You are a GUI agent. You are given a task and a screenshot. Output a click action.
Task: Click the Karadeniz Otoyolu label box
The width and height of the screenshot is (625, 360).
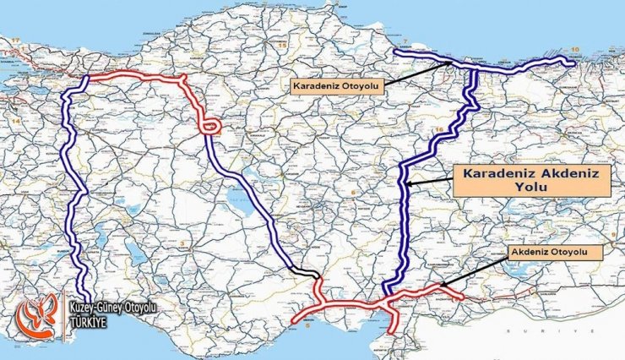336,85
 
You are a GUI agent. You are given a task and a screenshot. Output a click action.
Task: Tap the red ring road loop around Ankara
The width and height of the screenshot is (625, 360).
209,128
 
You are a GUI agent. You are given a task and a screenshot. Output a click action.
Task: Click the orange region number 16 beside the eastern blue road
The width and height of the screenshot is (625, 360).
438,129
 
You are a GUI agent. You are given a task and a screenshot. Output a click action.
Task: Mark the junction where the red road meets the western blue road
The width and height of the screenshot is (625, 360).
86,79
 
